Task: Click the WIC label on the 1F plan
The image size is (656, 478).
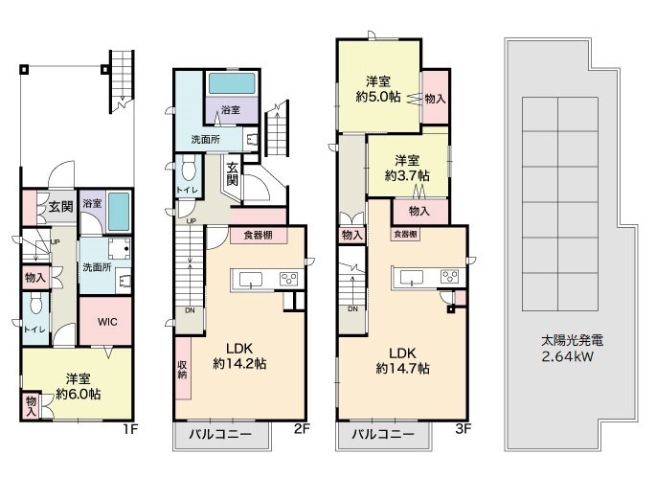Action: [107, 322]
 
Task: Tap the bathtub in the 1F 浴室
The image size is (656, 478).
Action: [119, 212]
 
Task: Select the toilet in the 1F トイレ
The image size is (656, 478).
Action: [35, 303]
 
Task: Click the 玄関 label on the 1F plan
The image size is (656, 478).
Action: [61, 206]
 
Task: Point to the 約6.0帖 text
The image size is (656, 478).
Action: [79, 394]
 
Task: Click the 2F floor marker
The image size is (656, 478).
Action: [302, 428]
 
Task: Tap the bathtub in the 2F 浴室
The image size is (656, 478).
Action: [232, 83]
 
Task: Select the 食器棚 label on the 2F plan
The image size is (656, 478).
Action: [259, 236]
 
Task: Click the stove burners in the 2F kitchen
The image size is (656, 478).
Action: [288, 279]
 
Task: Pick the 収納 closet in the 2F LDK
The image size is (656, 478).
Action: [182, 369]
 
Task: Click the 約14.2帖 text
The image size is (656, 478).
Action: [239, 363]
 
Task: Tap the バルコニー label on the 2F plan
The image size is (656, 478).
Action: [220, 434]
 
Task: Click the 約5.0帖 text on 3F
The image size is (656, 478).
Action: [378, 97]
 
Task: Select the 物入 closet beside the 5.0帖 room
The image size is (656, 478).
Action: [435, 97]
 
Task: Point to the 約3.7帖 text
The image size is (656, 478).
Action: [407, 175]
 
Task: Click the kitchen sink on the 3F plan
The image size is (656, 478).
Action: [411, 277]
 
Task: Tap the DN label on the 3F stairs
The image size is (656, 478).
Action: [352, 308]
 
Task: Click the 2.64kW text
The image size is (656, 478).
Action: [567, 357]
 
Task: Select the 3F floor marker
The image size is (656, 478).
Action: [464, 428]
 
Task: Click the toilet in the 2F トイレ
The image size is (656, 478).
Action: [189, 170]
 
